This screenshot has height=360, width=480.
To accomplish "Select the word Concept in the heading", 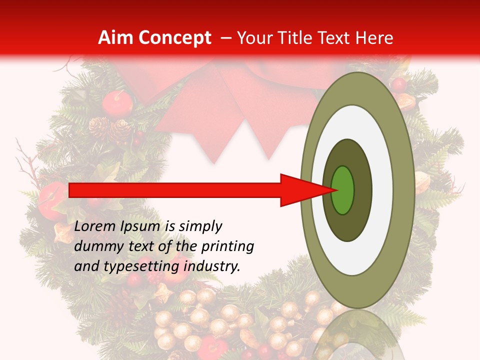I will pos(175,38).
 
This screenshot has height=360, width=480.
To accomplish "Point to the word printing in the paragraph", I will pos(227,246).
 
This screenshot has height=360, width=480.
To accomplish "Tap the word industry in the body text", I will pos(212,266).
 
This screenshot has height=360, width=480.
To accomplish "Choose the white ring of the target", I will pos(382,190).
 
